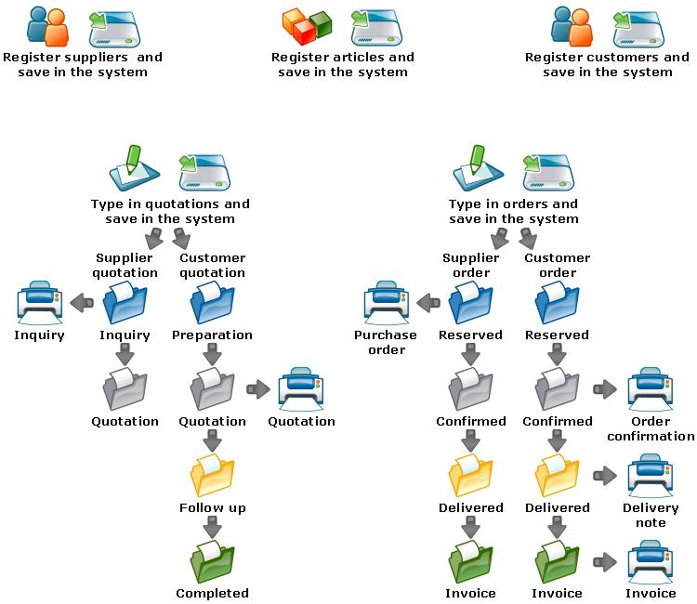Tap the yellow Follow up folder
click(x=213, y=475)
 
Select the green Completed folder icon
click(x=213, y=560)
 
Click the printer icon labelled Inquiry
click(x=39, y=302)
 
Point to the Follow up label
click(x=213, y=508)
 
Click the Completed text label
click(x=213, y=593)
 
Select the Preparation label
click(x=213, y=335)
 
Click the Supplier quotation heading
click(x=125, y=266)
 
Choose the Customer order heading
click(x=558, y=266)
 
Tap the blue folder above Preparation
click(x=213, y=302)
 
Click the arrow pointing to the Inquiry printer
click(x=83, y=301)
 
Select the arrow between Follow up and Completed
click(x=213, y=528)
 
